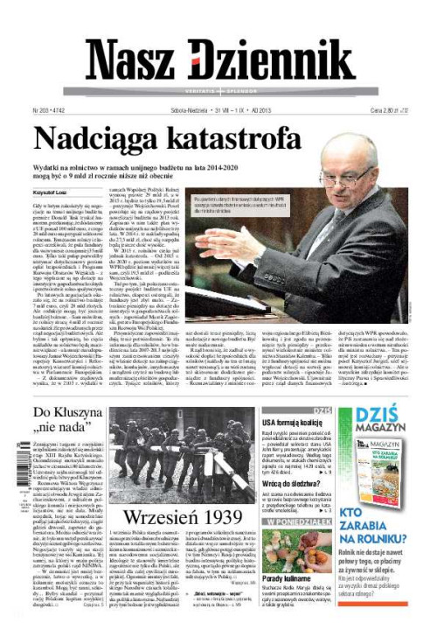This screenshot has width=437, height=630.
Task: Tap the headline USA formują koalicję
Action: [295, 423]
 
